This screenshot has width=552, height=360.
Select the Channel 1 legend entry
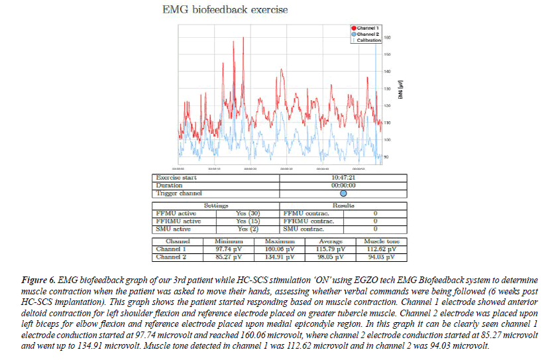pos(366,27)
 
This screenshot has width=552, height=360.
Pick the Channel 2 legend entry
pos(366,34)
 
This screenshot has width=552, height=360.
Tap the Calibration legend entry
pos(368,40)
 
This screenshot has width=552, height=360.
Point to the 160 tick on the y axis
pos(387,38)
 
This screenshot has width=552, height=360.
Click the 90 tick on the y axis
pos(386,157)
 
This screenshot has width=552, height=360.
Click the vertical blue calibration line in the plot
pos(376,99)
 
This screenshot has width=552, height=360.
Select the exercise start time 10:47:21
pos(343,178)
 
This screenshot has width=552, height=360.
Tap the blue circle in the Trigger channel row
pos(343,194)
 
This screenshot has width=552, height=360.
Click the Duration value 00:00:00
pos(343,186)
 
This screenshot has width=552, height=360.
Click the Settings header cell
pos(217,206)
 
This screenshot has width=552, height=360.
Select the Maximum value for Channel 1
pos(279,249)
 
